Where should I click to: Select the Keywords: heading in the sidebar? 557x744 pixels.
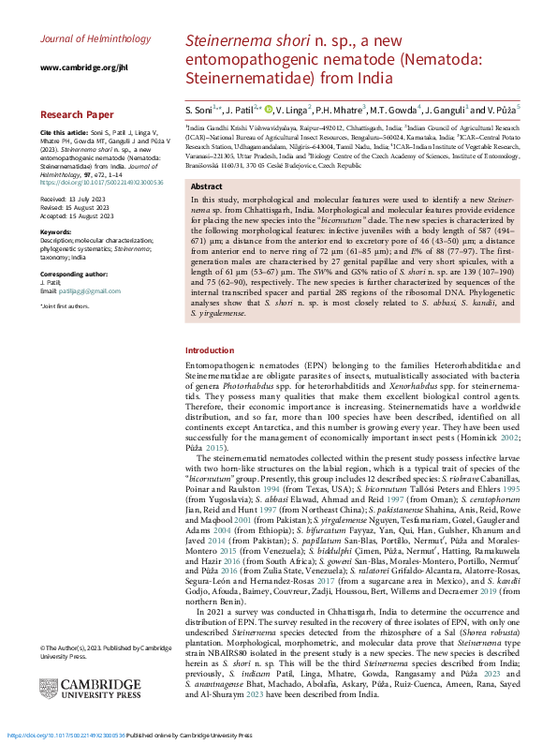pos(57,231)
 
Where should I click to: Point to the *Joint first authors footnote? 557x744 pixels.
pos(66,306)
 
